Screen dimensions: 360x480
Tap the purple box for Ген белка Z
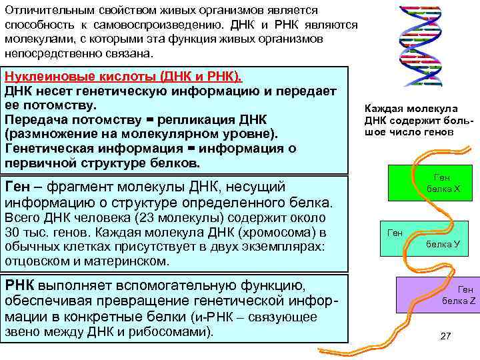(x=436, y=295)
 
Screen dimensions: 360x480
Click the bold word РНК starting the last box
(x=19, y=286)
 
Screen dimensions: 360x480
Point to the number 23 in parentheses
(x=150, y=219)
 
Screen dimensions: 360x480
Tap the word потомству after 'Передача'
(x=103, y=119)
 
